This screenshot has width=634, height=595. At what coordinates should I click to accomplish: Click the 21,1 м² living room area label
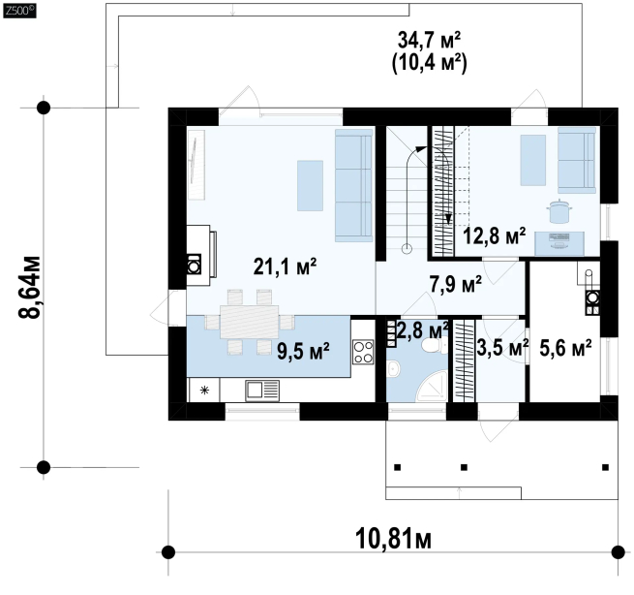(x=285, y=266)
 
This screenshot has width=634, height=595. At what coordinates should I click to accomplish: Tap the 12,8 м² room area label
(x=494, y=235)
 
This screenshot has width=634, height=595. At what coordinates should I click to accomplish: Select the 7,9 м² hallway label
(x=455, y=284)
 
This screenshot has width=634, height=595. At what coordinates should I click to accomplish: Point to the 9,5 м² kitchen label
(x=303, y=351)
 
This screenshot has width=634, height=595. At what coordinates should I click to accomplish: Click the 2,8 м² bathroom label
(x=423, y=330)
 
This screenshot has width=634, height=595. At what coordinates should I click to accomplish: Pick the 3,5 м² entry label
(x=502, y=347)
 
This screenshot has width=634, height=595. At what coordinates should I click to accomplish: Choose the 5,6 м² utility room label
(x=565, y=348)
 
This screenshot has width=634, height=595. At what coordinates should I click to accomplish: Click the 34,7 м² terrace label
(x=429, y=40)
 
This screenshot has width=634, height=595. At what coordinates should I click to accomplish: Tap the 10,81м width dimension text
(x=393, y=539)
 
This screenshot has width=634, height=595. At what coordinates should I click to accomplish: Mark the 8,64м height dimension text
(x=29, y=287)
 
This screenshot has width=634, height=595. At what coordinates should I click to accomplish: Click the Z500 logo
(x=19, y=11)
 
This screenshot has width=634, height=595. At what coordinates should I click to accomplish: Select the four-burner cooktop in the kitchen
(x=363, y=352)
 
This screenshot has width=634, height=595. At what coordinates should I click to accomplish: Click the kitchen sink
(x=262, y=391)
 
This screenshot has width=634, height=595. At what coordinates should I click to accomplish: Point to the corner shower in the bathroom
(x=432, y=387)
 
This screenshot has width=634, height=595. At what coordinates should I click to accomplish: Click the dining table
(x=250, y=322)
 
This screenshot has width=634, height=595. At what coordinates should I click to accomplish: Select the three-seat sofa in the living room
(x=354, y=185)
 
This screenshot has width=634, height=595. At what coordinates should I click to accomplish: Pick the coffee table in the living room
(x=310, y=186)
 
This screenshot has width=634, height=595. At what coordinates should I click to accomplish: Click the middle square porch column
(x=464, y=467)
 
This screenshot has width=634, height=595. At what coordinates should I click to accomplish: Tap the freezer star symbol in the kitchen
(x=204, y=391)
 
